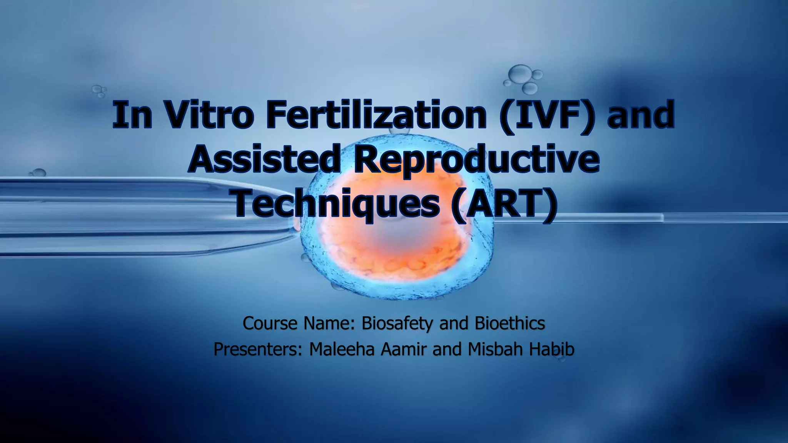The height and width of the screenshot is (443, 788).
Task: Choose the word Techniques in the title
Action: (x=337, y=202)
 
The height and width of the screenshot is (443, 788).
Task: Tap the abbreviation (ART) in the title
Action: (x=504, y=202)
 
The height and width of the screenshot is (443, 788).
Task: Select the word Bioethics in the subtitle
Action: (x=510, y=323)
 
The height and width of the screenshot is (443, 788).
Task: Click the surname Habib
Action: (x=552, y=349)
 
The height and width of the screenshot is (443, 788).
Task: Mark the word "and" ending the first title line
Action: (x=641, y=115)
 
